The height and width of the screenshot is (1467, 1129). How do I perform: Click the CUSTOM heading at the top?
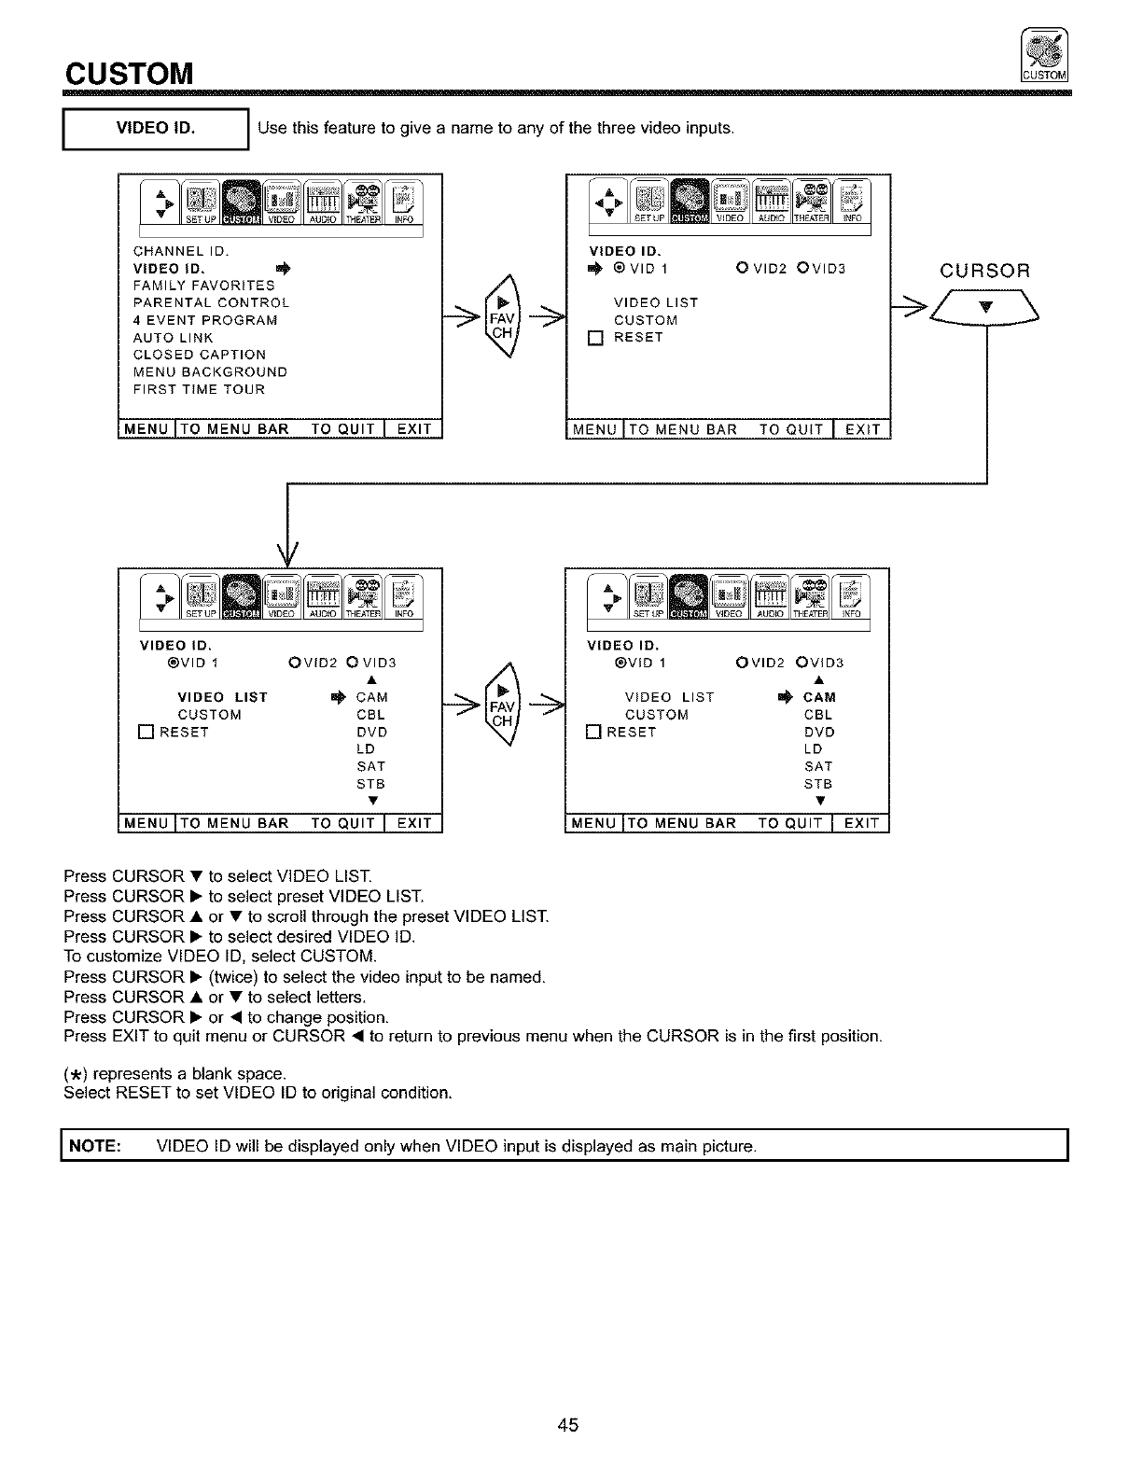pos(129,72)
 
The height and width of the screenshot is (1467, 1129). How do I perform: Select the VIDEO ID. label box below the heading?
pos(154,129)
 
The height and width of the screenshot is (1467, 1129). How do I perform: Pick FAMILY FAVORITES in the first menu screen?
pos(204,286)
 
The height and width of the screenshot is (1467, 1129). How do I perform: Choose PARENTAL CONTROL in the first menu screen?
pos(212,302)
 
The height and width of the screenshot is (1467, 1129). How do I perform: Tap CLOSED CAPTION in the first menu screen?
pos(200,355)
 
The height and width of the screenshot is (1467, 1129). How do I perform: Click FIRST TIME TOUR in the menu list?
pos(200,389)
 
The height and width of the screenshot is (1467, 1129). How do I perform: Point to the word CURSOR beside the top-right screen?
pos(984,272)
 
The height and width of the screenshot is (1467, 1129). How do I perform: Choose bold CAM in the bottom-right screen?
pos(819,697)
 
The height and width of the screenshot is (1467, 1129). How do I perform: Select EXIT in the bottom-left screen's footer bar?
pos(413,823)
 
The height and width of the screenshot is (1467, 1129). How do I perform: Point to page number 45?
pos(568,1425)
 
